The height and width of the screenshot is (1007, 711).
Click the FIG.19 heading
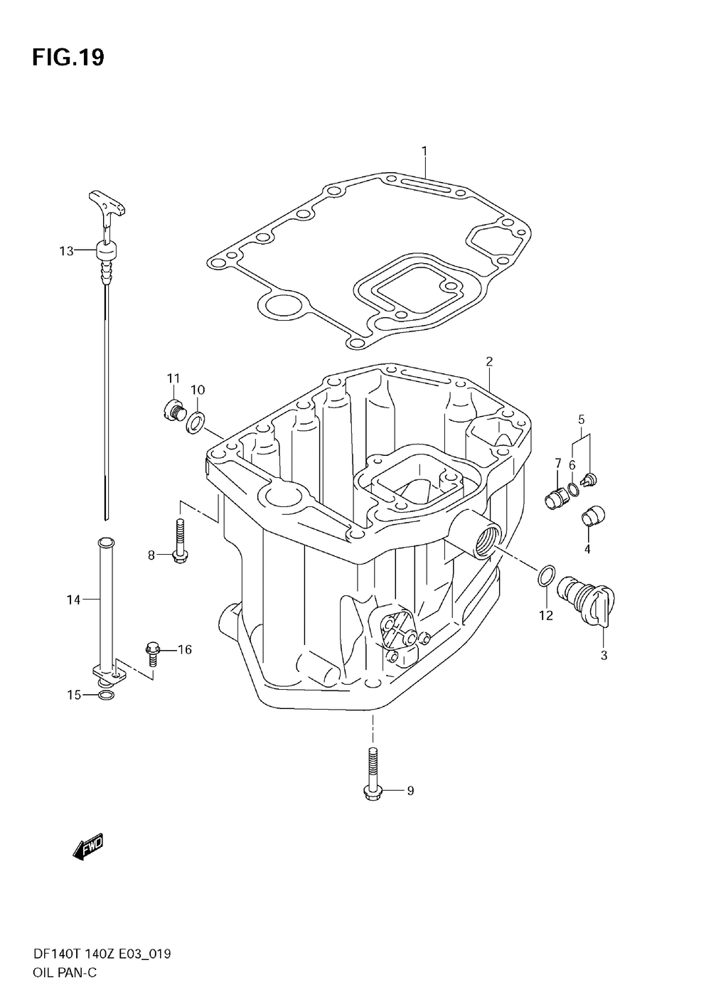point(68,58)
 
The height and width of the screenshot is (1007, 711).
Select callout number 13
point(66,250)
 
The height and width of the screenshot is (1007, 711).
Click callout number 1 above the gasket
point(424,151)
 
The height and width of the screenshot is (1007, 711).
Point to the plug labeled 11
point(171,410)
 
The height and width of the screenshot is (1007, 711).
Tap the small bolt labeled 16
point(152,650)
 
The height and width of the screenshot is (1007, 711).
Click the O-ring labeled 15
point(105,695)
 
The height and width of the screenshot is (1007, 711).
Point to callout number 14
point(74,600)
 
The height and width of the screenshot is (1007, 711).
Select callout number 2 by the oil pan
point(489,361)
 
